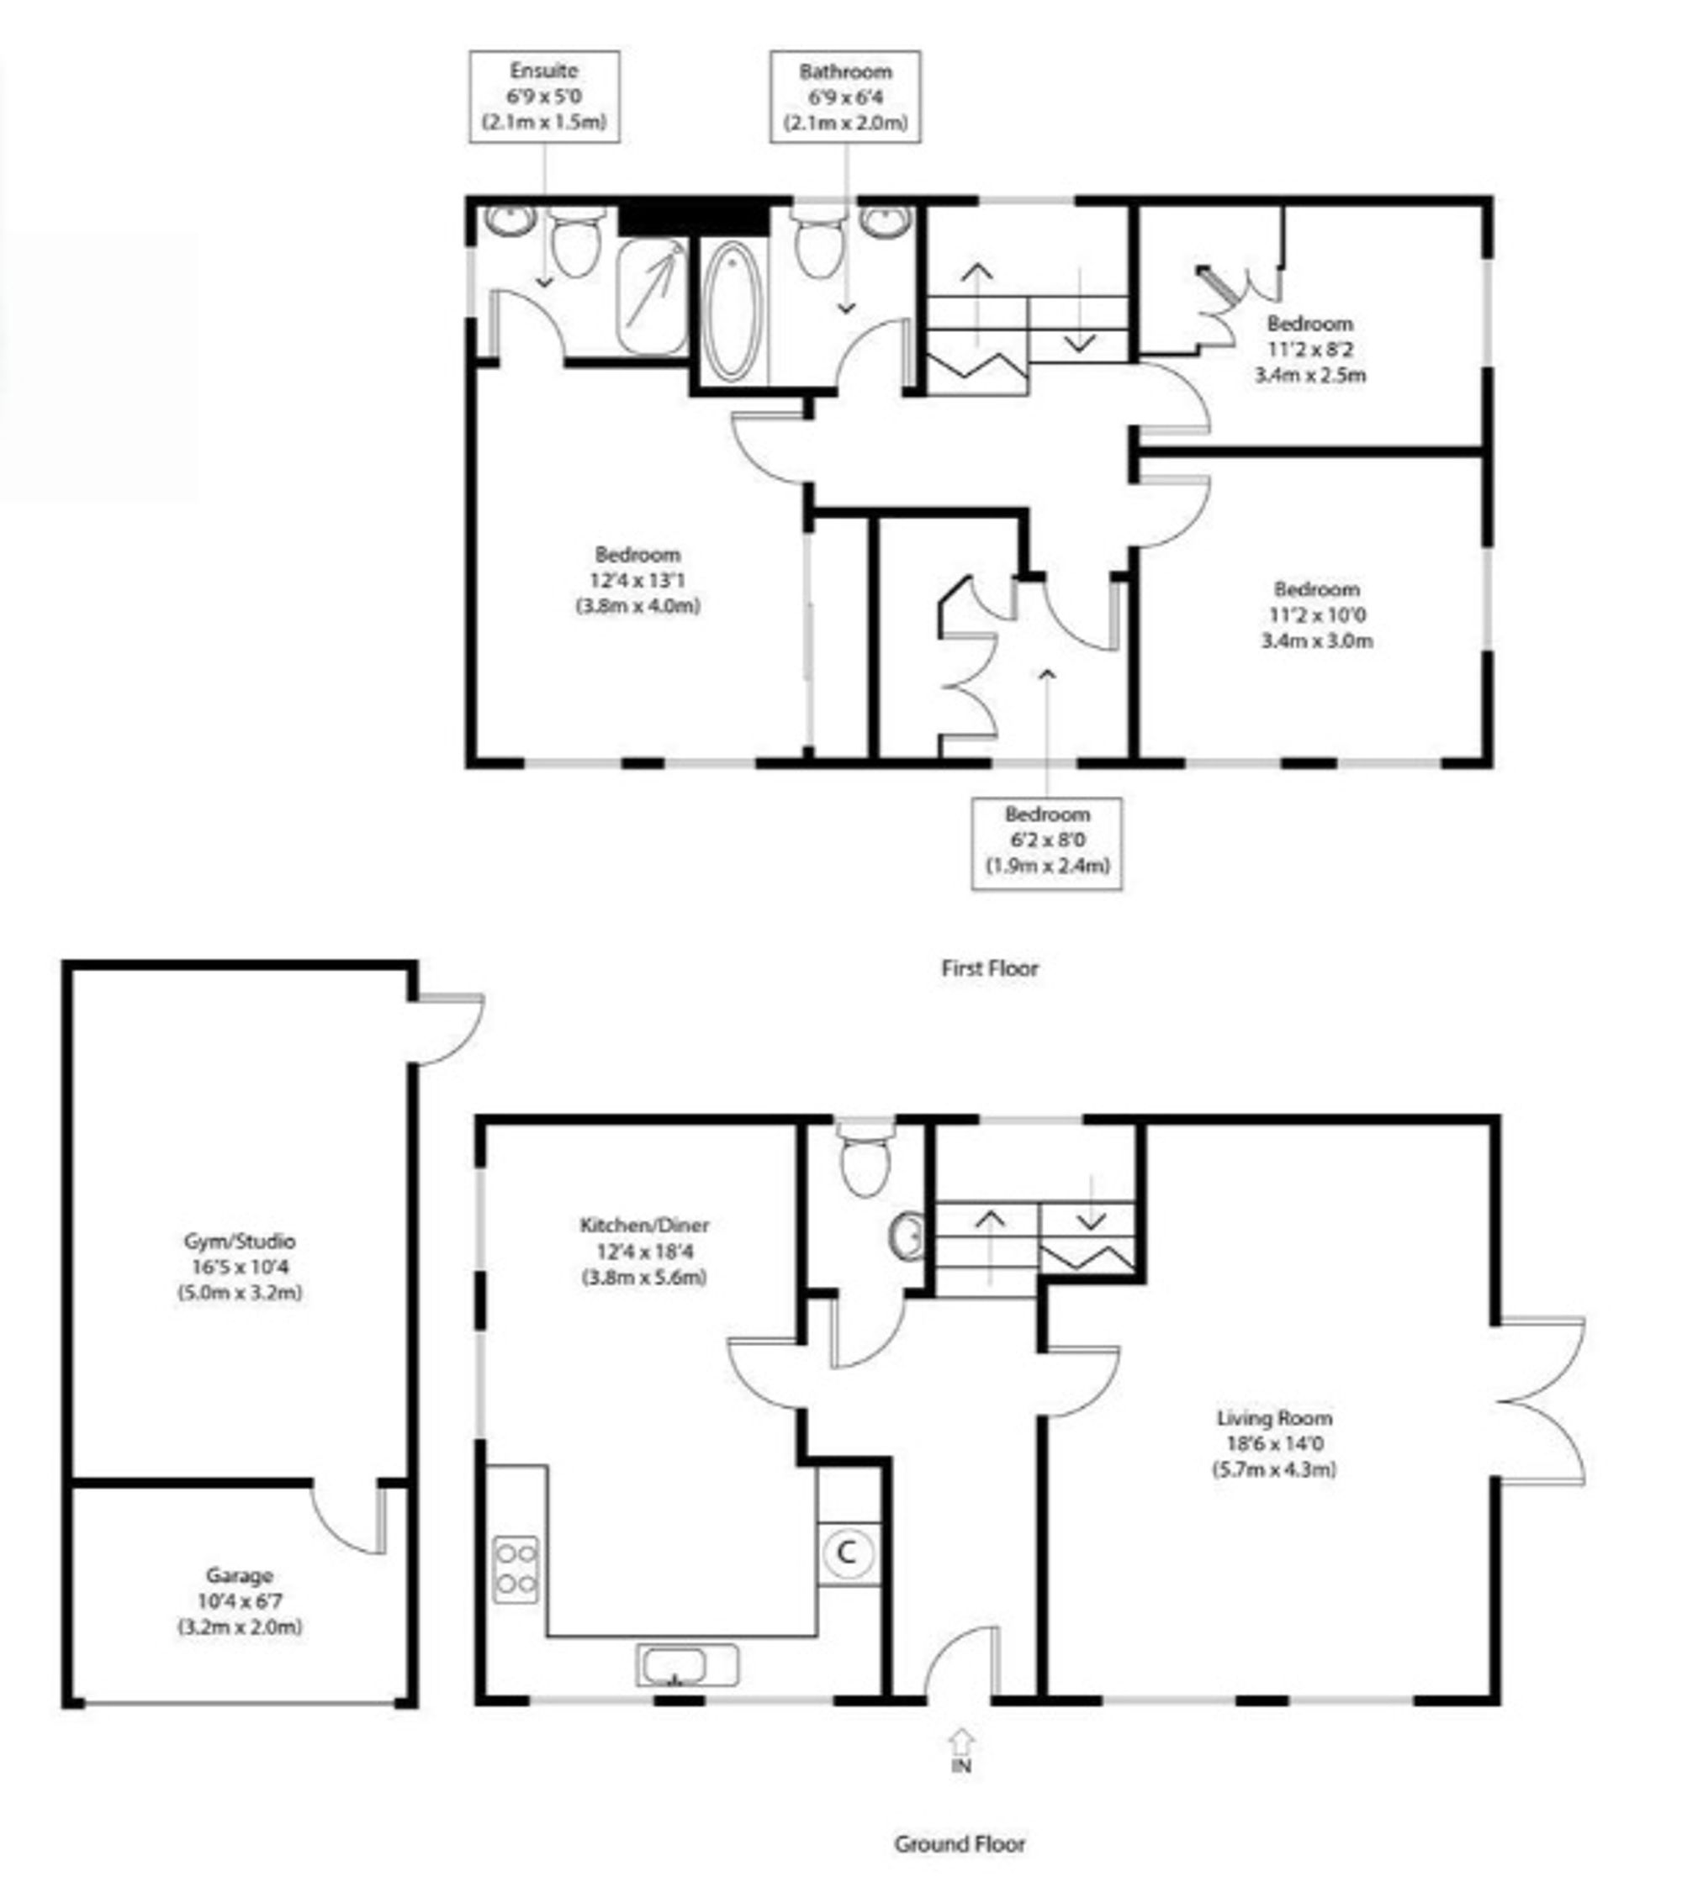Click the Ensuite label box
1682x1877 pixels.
click(x=544, y=97)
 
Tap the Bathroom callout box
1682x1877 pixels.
click(x=845, y=97)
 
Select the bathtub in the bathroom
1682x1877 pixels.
click(x=733, y=311)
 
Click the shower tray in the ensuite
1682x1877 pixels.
click(x=653, y=297)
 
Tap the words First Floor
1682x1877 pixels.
click(x=990, y=968)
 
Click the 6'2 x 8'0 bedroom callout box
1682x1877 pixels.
click(x=1047, y=844)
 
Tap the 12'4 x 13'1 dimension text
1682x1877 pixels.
click(x=637, y=581)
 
